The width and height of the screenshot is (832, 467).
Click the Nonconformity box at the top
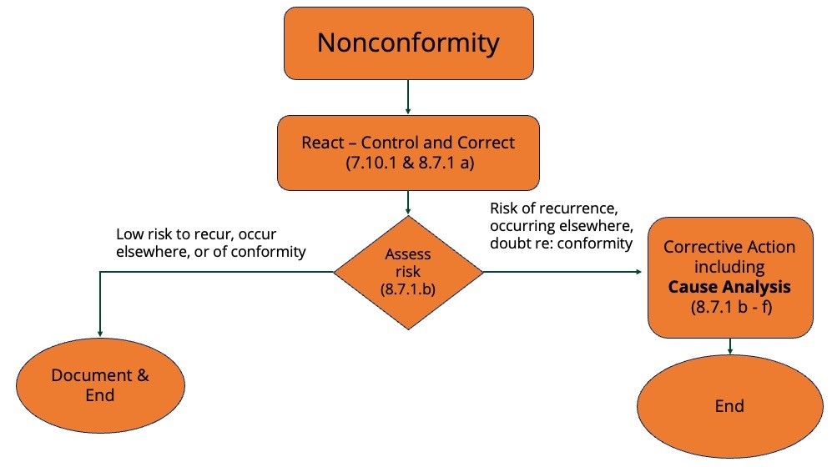(408, 43)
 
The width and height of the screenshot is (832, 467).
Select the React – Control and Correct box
(408, 153)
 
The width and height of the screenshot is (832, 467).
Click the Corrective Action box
(730, 277)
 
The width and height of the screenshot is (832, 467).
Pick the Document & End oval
(100, 384)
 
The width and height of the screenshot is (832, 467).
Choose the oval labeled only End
(729, 406)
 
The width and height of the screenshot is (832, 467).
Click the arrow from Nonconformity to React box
(408, 97)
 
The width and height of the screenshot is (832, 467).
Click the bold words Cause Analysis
(729, 288)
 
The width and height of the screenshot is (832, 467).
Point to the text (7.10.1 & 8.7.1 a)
(408, 163)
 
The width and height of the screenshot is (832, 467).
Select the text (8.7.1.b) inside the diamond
(408, 289)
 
